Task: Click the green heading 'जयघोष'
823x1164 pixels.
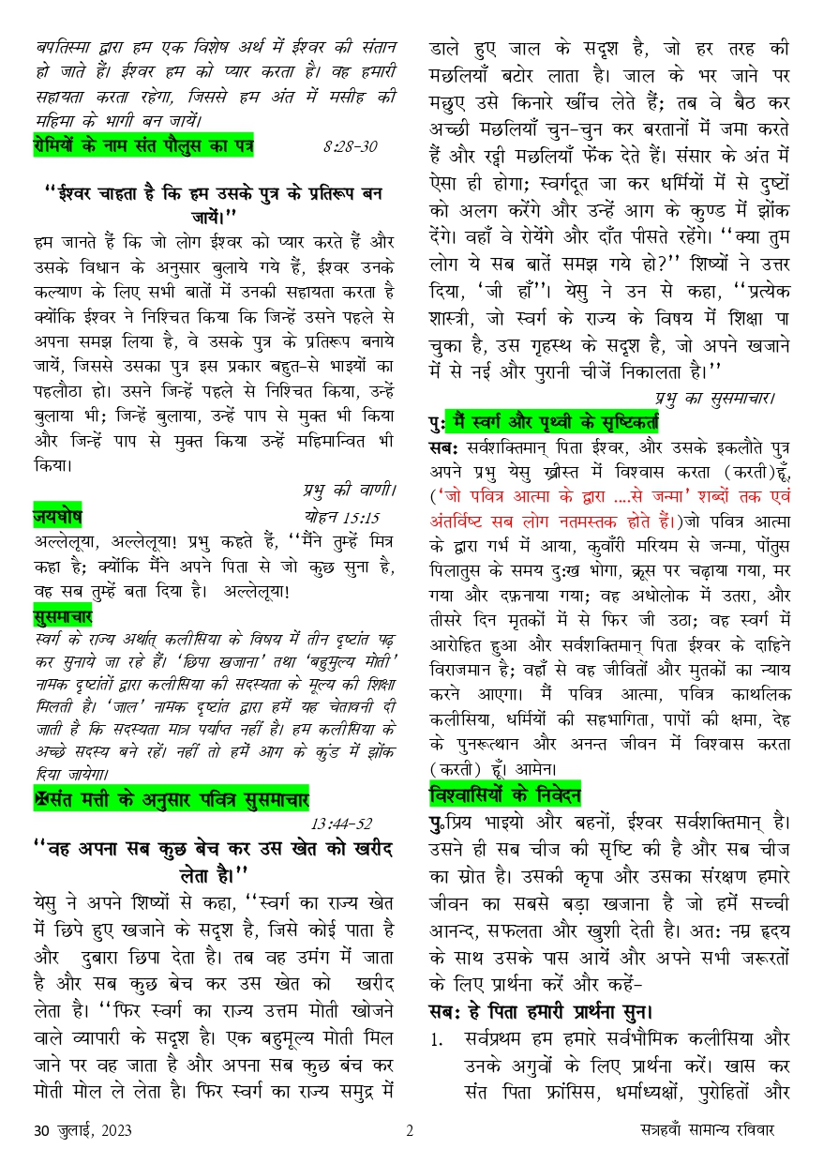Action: pos(57,517)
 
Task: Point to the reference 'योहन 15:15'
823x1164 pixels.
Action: pos(342,517)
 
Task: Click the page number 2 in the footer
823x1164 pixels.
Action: pos(410,1129)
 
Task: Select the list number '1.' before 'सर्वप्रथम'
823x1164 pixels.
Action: pos(437,1040)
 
